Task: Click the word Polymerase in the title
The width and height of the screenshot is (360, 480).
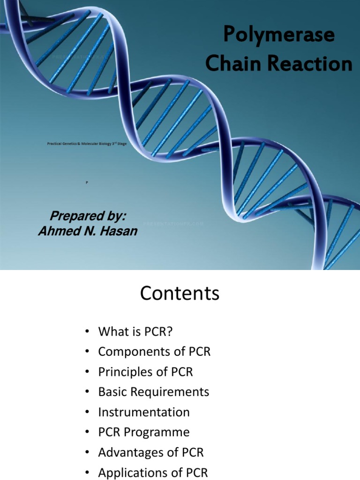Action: (278, 36)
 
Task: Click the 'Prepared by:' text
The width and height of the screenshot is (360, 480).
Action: (88, 216)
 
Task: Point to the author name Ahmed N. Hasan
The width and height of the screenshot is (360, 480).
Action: (88, 231)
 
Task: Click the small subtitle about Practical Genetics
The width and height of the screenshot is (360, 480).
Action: (87, 144)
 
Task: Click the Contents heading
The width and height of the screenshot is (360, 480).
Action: (180, 294)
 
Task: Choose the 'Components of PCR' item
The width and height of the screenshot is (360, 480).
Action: (154, 352)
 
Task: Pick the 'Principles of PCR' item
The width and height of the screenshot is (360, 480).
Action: (145, 372)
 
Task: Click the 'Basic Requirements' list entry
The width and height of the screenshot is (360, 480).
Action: (153, 392)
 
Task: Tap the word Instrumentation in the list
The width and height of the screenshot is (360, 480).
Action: (143, 412)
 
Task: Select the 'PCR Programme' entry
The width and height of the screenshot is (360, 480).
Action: (143, 433)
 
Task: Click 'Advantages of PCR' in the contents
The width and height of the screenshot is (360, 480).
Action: (150, 453)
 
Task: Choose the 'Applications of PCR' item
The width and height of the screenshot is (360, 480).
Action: (152, 472)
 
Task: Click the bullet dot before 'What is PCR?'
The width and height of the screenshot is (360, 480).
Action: (87, 332)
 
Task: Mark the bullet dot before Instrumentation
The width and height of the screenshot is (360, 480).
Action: (87, 413)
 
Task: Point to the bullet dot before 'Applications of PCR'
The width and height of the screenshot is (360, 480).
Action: (87, 473)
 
